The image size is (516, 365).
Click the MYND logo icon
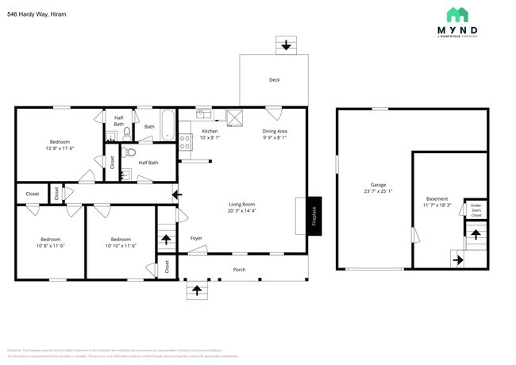[x=456, y=15]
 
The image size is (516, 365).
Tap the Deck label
[x=274, y=79]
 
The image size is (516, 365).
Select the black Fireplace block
[x=314, y=215]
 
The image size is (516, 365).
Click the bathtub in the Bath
[x=168, y=125]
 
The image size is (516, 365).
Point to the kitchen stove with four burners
[x=185, y=142]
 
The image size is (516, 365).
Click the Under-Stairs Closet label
[x=476, y=210]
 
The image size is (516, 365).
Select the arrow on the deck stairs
[x=286, y=45]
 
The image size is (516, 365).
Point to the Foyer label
[x=196, y=238]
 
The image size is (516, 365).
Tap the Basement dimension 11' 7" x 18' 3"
[x=437, y=206]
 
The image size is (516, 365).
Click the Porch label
[x=239, y=270]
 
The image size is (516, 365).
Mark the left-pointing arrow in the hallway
[x=176, y=193]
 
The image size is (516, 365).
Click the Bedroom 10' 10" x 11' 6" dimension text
[x=121, y=246]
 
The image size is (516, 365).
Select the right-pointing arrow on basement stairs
[x=457, y=258]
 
